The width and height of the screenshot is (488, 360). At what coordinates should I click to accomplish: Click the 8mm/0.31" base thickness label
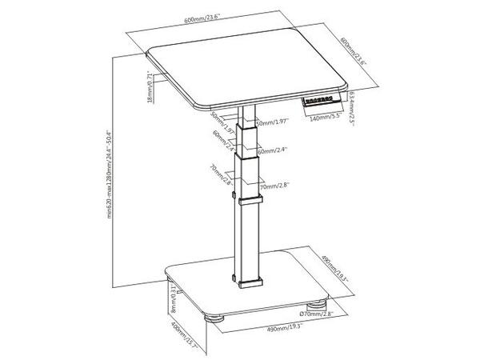tap(173, 301)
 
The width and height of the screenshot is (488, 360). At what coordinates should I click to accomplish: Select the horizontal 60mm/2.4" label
tap(272, 149)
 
